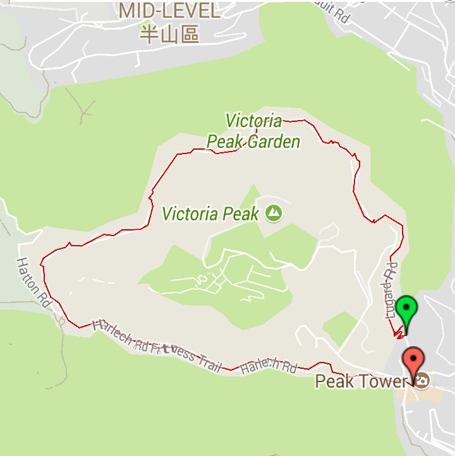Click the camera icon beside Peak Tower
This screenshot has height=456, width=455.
tap(421, 380)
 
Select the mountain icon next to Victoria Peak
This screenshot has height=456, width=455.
tap(274, 213)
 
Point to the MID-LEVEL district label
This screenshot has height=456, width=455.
tap(169, 11)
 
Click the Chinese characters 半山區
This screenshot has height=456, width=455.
tap(169, 33)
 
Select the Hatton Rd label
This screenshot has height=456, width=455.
tap(33, 279)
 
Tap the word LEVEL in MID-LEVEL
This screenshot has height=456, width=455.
tap(189, 11)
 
